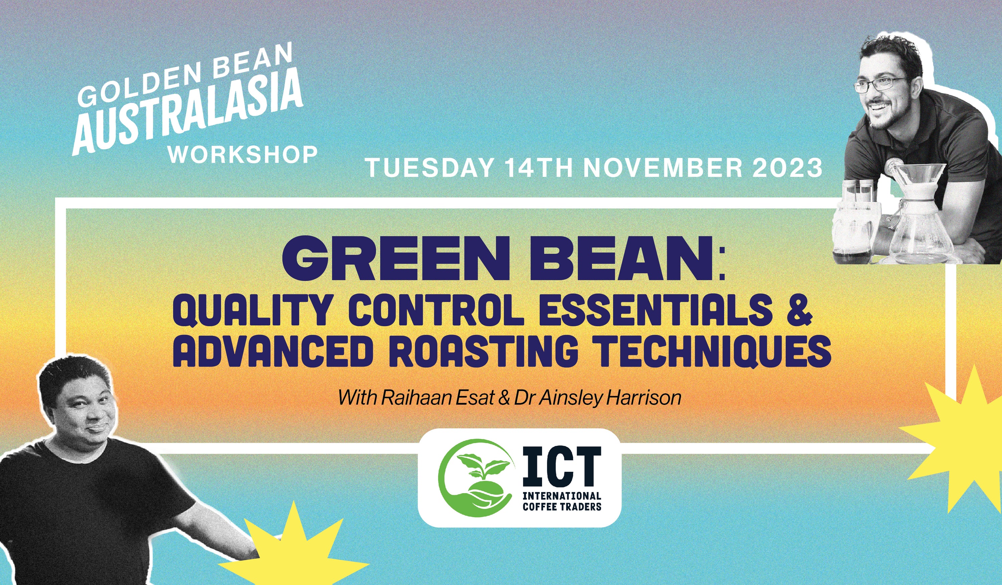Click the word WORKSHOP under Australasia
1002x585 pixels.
(242, 154)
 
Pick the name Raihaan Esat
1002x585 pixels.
(438, 397)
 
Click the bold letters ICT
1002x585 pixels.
(561, 466)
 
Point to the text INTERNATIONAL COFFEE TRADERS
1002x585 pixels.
(561, 501)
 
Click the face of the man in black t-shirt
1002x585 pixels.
(86, 406)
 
